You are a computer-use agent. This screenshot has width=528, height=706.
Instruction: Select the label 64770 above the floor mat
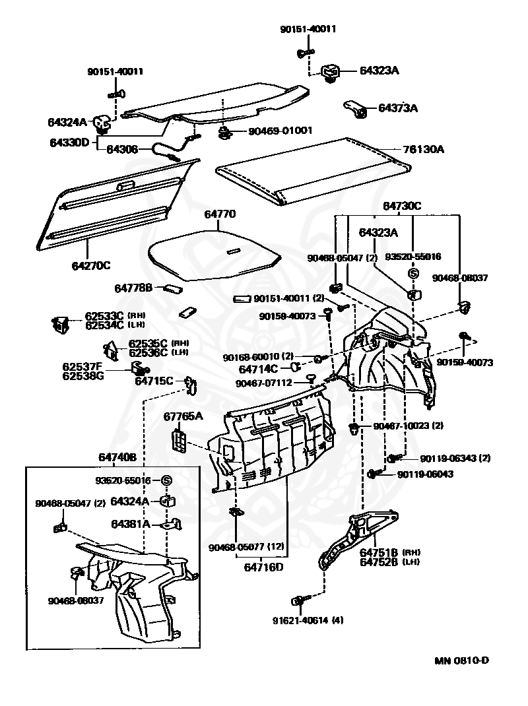click(x=220, y=214)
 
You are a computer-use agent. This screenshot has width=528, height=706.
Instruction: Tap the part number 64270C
click(x=90, y=265)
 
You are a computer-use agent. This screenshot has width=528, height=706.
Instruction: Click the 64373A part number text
click(x=398, y=108)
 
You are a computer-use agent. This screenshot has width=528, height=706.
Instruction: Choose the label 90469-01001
click(x=280, y=131)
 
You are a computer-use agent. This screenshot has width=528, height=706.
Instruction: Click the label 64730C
click(x=399, y=206)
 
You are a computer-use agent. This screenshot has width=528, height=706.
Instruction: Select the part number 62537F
click(x=82, y=366)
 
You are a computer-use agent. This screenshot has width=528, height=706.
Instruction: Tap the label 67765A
click(x=183, y=416)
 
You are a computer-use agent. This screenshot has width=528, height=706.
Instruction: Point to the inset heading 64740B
click(x=117, y=457)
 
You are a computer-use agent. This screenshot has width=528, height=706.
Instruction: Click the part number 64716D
click(x=263, y=566)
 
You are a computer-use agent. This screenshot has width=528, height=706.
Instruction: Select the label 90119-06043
click(x=425, y=474)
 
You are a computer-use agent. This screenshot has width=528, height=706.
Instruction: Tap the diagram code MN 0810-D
click(x=461, y=660)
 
